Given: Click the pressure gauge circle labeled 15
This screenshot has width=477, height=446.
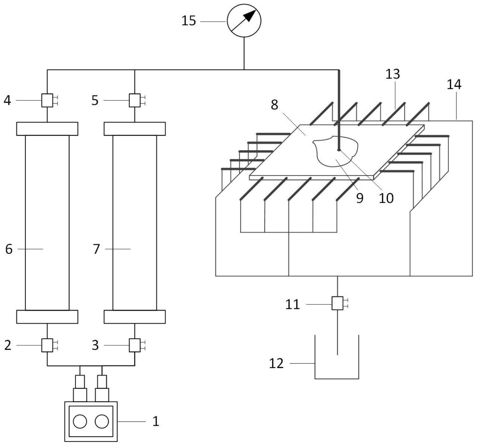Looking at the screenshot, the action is (244, 21).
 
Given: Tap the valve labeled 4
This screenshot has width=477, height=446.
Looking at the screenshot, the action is (47, 100).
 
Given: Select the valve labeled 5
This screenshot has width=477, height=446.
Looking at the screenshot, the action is (135, 100).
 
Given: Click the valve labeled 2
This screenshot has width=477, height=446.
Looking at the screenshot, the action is (47, 345).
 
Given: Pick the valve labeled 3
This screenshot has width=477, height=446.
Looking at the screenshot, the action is (135, 345).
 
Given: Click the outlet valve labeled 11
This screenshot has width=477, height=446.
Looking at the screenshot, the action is (337, 303).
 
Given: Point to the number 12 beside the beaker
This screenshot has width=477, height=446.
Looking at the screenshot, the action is (276, 363).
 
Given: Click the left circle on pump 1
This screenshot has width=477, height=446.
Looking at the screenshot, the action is (80, 422).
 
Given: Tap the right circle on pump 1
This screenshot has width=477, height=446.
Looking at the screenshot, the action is (102, 422).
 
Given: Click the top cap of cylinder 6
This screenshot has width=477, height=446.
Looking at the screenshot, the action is (47, 129).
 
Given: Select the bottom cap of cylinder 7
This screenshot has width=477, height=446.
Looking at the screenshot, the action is (135, 317).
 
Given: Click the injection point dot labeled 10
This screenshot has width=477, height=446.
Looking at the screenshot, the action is (339, 150).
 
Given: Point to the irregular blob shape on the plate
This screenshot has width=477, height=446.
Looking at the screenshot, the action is (335, 151).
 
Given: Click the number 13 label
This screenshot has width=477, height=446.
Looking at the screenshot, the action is (393, 74).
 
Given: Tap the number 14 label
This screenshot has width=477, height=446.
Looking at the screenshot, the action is (454, 84).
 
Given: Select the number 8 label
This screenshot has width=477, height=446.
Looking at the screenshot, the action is (274, 105).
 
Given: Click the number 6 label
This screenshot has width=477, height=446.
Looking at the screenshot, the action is (9, 249).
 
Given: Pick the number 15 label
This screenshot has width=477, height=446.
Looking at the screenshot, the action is (189, 21).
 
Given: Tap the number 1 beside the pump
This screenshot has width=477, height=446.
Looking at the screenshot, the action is (156, 422).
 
